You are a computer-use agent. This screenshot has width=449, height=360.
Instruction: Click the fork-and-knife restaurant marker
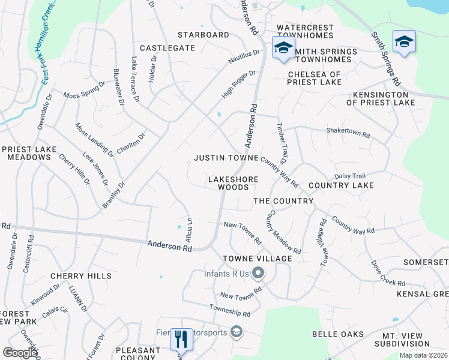(180, 340)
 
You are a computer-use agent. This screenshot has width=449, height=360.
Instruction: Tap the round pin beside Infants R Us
(258, 274)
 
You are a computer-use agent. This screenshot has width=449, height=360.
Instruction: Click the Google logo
(20, 353)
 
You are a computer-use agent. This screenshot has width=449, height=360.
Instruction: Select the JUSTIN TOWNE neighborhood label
(226, 158)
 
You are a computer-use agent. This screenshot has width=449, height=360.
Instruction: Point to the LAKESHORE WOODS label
(233, 183)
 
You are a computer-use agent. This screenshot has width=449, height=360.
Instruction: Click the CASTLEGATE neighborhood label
(167, 47)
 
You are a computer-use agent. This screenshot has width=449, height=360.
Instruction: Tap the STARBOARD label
(203, 35)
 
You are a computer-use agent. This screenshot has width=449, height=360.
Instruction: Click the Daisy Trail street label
(350, 176)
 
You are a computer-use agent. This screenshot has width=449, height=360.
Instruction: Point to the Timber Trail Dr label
(282, 142)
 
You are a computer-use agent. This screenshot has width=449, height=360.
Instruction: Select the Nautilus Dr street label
(244, 57)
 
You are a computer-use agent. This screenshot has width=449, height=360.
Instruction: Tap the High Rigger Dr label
(238, 85)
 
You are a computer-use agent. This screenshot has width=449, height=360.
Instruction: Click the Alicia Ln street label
(189, 229)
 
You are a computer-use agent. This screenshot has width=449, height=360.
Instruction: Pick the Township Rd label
(229, 310)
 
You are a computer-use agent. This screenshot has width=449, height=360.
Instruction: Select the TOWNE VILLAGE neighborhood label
(258, 259)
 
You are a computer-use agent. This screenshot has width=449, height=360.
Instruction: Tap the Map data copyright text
(424, 355)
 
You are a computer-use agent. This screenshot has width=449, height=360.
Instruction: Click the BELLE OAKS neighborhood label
(338, 334)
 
